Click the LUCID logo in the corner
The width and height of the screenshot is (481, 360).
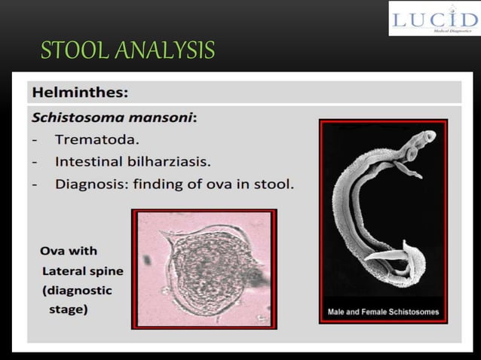pyautogui.click(x=434, y=19)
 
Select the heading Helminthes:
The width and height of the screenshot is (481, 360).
pyautogui.click(x=80, y=93)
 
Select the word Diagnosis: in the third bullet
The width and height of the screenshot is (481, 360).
pyautogui.click(x=93, y=183)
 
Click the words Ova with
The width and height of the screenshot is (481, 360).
pyautogui.click(x=69, y=251)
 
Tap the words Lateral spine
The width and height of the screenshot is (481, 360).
pyautogui.click(x=83, y=270)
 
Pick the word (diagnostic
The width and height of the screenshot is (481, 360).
pyautogui.click(x=78, y=290)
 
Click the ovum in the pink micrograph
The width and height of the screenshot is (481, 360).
pyautogui.click(x=204, y=269)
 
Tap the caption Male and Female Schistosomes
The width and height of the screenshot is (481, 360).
pyautogui.click(x=383, y=312)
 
